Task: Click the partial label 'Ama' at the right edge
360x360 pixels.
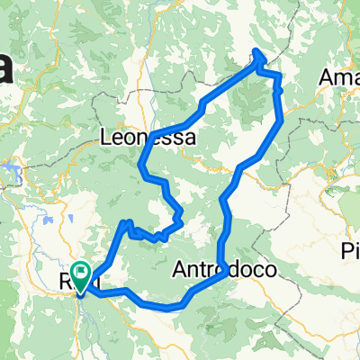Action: coord(339,77)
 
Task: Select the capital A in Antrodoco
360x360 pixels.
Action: coord(178,269)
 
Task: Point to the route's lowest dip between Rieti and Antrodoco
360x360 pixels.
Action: coord(171,307)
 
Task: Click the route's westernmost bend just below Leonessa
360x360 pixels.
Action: coord(141,165)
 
